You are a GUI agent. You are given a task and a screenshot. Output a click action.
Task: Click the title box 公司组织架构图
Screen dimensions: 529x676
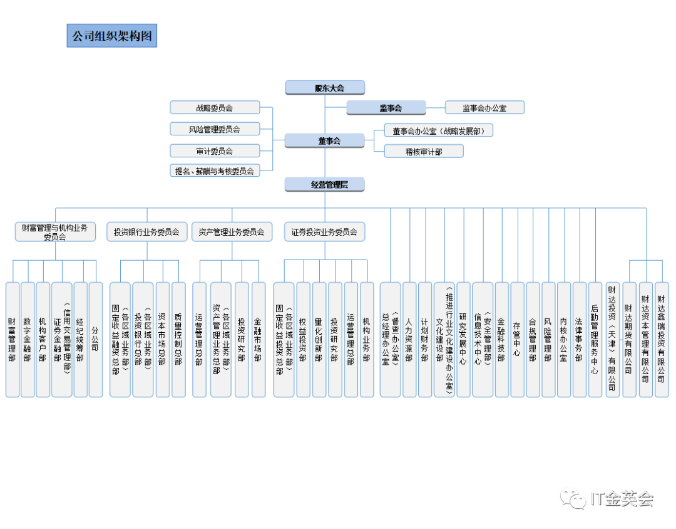tap(112, 36)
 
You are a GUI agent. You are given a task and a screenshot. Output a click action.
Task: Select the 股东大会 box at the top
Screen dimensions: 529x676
tap(325, 87)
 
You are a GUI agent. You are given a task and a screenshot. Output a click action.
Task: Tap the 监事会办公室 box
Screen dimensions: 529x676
tap(484, 108)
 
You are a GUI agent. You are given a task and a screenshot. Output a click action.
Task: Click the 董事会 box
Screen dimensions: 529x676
tap(325, 140)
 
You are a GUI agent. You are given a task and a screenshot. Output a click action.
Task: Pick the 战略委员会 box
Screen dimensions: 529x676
tap(215, 108)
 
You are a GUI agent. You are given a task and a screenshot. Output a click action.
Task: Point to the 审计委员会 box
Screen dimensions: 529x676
tap(215, 150)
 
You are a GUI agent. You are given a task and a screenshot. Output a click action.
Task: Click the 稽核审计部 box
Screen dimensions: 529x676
tap(424, 151)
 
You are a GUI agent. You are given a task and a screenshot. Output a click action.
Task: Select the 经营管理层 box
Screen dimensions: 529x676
tap(325, 184)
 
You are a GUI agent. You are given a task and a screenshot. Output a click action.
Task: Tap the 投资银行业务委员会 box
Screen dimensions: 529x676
tap(146, 232)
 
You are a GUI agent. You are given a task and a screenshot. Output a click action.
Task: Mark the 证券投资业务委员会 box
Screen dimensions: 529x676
tap(324, 232)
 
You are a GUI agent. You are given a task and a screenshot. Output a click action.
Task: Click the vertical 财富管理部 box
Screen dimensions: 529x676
tap(12, 339)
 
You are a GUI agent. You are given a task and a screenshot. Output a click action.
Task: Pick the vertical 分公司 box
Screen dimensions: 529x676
tap(95, 339)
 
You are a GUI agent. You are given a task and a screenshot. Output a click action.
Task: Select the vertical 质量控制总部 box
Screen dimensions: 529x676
tap(178, 339)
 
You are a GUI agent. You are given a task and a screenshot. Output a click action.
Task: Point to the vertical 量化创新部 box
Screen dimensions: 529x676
tap(319, 339)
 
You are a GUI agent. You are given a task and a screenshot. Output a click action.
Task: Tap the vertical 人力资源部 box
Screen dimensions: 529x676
tap(409, 339)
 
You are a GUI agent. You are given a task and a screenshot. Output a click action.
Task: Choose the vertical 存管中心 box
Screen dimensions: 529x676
tap(517, 339)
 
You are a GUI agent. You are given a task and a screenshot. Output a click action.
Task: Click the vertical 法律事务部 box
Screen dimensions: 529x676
tap(579, 339)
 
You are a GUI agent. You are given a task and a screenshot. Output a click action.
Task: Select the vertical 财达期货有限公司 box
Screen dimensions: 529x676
tap(628, 339)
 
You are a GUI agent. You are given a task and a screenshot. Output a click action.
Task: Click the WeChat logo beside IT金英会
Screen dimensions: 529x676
tap(573, 498)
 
